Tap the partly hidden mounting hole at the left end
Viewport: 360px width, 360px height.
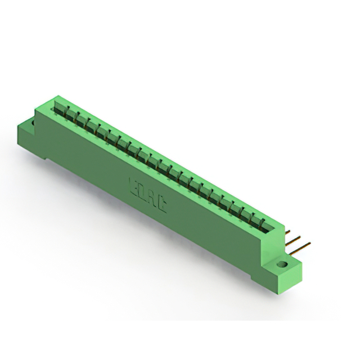click(x=34, y=119)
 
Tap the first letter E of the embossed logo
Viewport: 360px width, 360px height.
click(x=134, y=186)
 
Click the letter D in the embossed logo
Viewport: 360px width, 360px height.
click(x=143, y=191)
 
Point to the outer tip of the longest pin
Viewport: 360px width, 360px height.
click(x=309, y=244)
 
